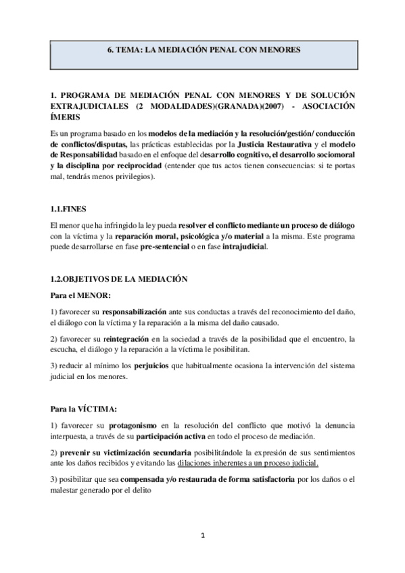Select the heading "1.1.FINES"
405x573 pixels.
click(67, 209)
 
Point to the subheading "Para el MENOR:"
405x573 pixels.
click(80, 295)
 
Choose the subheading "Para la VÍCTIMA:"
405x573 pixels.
click(84, 409)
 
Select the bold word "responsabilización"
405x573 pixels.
click(134, 313)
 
